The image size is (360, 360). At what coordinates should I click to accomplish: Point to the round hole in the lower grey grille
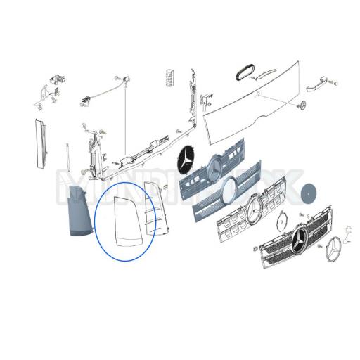pyautogui.click(x=230, y=188)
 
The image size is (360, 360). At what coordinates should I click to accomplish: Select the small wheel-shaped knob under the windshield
pyautogui.click(x=303, y=105)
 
